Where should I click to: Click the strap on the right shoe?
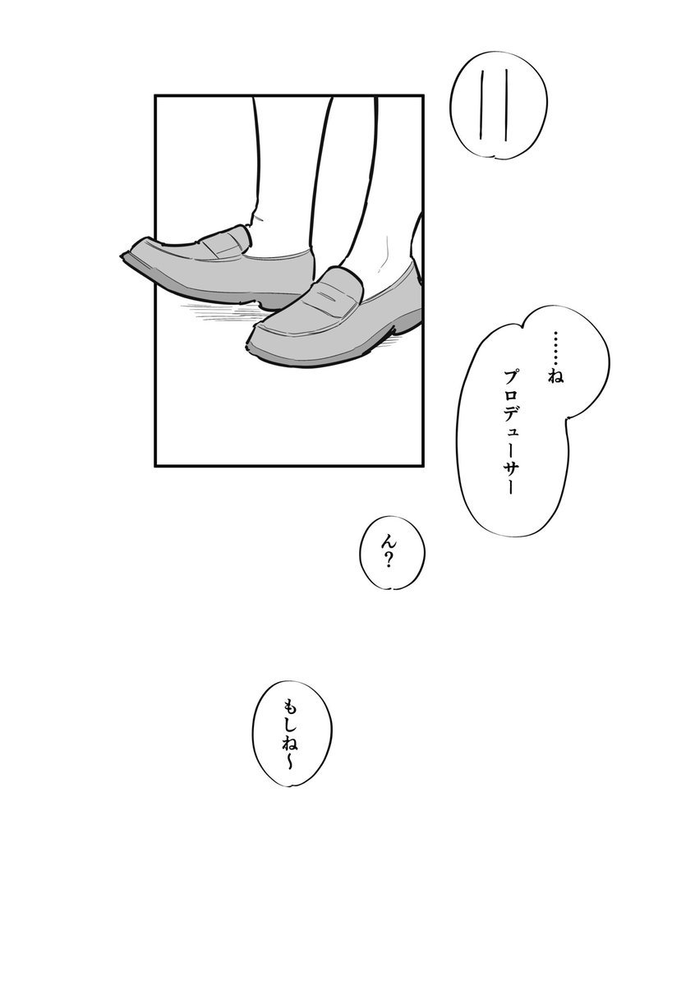[x=337, y=296]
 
